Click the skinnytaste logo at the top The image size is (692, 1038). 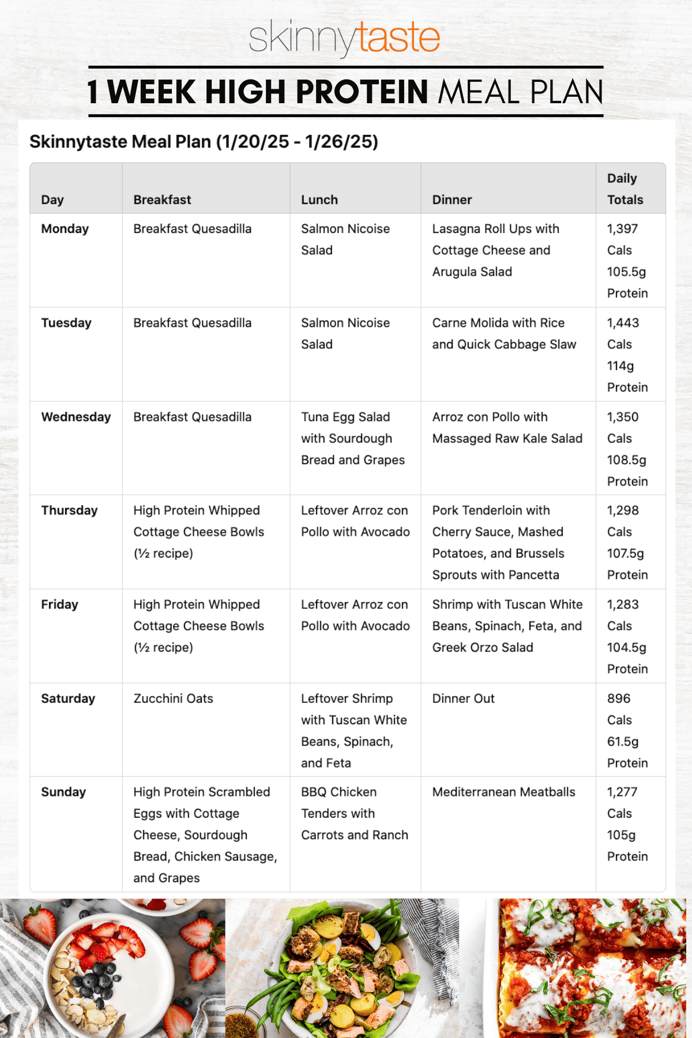tap(344, 37)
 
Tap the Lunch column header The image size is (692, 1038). tap(319, 200)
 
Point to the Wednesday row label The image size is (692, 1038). tap(76, 417)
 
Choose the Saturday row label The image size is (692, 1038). tap(68, 698)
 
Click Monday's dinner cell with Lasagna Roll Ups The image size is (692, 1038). tap(495, 250)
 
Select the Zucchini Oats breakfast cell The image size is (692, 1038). tap(173, 698)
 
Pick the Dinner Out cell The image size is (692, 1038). tap(463, 698)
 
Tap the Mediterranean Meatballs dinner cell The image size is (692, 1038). tap(503, 792)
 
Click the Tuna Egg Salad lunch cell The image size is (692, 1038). tap(352, 438)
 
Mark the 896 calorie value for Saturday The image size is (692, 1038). tap(619, 698)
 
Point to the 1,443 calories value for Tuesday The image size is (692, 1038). tap(623, 323)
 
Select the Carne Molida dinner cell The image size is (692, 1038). tap(503, 333)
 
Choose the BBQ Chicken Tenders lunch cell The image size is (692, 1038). tap(354, 813)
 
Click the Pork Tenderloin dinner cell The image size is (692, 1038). tap(498, 542)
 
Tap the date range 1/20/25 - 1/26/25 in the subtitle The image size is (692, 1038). tap(297, 142)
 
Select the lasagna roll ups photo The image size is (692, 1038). tap(588, 969)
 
